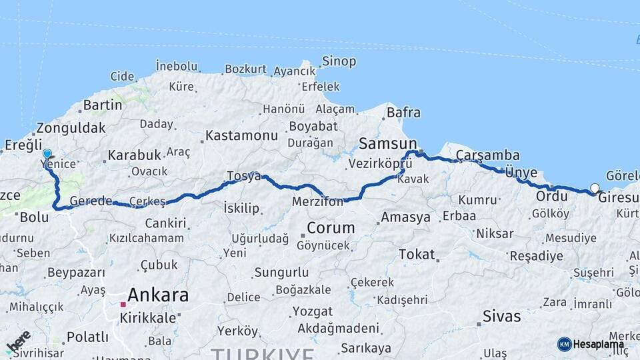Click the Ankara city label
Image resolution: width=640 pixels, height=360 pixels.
[157, 295]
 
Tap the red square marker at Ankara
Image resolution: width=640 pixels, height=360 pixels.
[123, 304]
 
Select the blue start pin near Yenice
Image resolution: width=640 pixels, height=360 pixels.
[47, 154]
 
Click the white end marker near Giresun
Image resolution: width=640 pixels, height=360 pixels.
[595, 188]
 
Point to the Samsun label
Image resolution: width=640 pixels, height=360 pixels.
[387, 143]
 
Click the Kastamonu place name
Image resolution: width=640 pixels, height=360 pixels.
[241, 135]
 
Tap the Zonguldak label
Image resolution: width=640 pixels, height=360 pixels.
[71, 128]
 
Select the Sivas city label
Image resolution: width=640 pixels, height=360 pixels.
[501, 316]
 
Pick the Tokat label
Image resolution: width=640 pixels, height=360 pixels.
[417, 254]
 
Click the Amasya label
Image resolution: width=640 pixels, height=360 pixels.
[405, 217]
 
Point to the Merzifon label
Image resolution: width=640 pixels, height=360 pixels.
[317, 201]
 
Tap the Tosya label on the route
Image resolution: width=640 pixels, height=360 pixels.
[243, 176]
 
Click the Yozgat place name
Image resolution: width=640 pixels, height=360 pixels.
[313, 311]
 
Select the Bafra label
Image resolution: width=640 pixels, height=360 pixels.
[403, 113]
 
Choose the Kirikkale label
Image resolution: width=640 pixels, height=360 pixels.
[148, 318]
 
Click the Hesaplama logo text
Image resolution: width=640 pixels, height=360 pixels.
[598, 344]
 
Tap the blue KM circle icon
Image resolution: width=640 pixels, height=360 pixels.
[565, 344]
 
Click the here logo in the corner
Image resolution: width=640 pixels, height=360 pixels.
[18, 341]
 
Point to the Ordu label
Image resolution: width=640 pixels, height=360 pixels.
[552, 197]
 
